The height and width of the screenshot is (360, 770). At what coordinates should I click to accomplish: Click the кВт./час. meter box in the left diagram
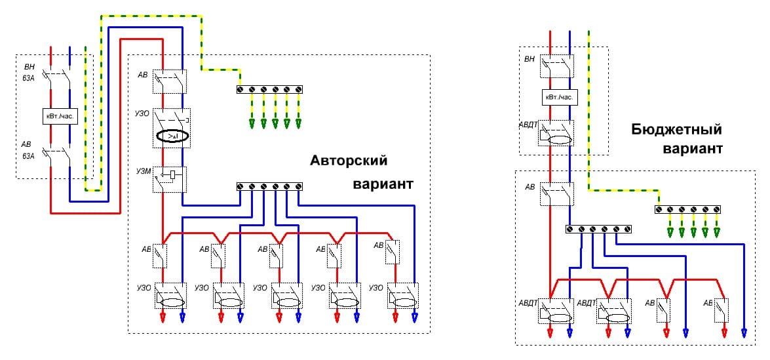[60, 116]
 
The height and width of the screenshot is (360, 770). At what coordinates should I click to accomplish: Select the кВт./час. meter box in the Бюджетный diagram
[558, 97]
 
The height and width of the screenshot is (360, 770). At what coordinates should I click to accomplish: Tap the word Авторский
[349, 161]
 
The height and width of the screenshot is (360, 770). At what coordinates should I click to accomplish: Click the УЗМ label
[143, 172]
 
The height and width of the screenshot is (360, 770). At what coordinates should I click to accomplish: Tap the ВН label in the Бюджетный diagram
[529, 59]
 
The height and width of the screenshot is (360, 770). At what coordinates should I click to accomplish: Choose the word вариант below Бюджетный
[693, 149]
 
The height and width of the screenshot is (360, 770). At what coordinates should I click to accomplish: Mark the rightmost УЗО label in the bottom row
[375, 288]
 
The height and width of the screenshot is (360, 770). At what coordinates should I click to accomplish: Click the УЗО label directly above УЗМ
[143, 113]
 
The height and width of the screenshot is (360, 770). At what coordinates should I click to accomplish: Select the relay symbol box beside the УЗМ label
[172, 175]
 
